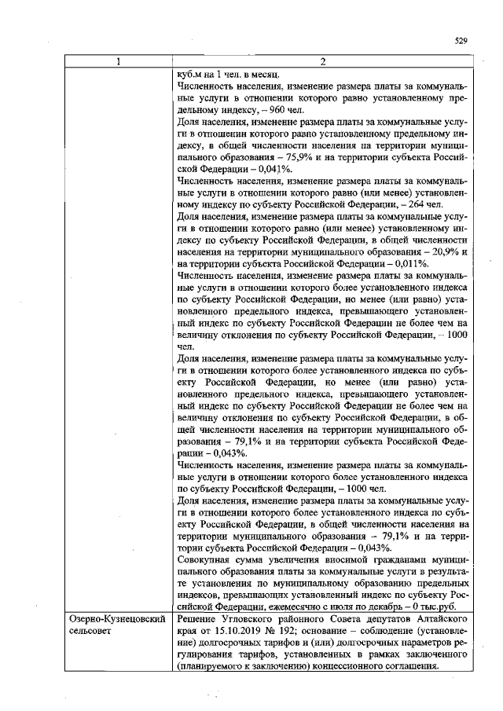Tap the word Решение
coord(200,618)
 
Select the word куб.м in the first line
coord(192,73)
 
